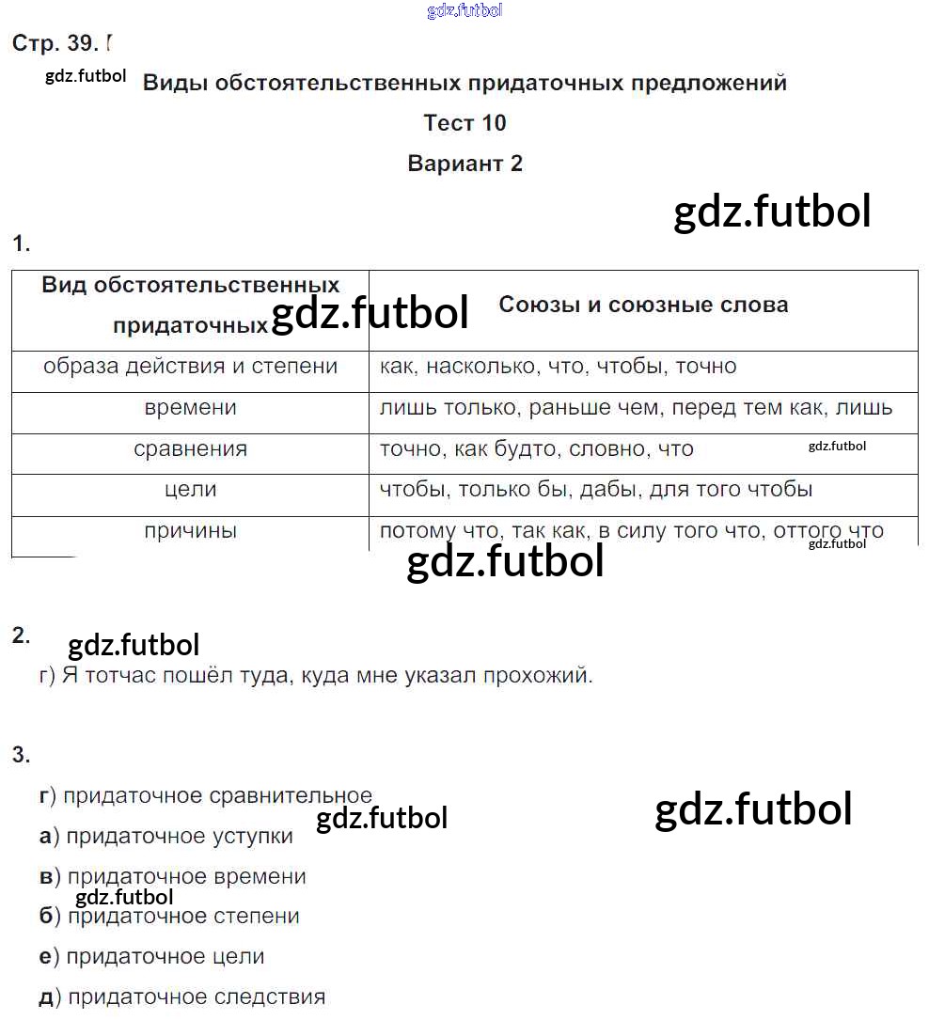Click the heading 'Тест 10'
(464, 123)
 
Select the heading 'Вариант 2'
(464, 164)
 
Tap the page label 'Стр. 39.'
(55, 43)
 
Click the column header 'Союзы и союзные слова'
(643, 305)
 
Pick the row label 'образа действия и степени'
(190, 367)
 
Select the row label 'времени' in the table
(190, 408)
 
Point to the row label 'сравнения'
(190, 448)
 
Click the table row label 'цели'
(190, 489)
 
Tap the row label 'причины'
(190, 530)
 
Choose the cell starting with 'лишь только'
(636, 408)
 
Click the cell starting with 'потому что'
(631, 530)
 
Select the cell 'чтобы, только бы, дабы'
(596, 489)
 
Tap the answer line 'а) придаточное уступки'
(166, 836)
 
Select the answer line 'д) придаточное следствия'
(182, 996)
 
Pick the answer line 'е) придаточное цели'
(152, 956)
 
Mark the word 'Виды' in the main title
(175, 83)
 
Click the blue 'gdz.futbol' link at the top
(464, 10)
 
